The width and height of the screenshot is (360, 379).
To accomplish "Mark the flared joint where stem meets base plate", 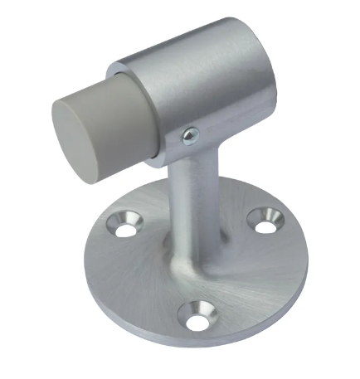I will [x=199, y=253].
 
